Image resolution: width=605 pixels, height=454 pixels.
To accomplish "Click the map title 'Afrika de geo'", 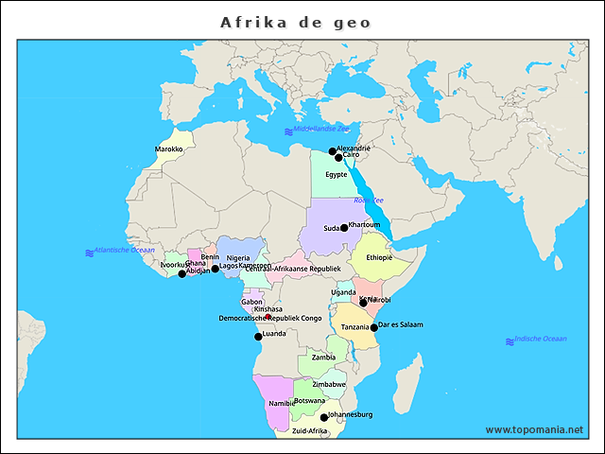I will click(x=296, y=22).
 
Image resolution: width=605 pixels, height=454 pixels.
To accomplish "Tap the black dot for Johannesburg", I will click(x=324, y=417).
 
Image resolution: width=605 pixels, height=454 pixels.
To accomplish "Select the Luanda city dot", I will click(x=258, y=336).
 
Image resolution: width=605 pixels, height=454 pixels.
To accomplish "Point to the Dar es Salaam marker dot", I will click(x=374, y=327).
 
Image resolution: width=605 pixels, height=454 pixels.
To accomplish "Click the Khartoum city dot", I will click(x=344, y=227).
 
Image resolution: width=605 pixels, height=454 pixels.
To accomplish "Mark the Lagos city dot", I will click(x=215, y=269).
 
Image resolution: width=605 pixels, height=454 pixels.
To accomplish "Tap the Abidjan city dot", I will click(x=182, y=273).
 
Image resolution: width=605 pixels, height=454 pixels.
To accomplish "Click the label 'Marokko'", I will click(x=168, y=149).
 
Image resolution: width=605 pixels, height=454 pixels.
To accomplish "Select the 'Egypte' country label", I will click(x=336, y=174).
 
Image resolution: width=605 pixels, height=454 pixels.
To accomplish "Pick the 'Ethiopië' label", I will click(x=379, y=256).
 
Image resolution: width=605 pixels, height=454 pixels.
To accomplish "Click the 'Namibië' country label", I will click(x=282, y=403).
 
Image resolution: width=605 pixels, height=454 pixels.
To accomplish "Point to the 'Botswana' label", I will click(x=309, y=400).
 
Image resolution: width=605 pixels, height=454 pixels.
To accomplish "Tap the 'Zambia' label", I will click(x=323, y=358).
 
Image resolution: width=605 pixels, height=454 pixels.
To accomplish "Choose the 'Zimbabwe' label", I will click(x=329, y=385).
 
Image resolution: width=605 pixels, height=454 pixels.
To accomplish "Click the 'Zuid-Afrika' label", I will click(x=309, y=430).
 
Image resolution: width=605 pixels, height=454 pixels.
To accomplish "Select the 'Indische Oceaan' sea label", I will click(x=541, y=339).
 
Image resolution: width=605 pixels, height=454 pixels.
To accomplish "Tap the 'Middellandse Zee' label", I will click(x=321, y=129).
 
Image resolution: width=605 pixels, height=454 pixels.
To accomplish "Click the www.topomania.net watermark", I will click(x=534, y=429).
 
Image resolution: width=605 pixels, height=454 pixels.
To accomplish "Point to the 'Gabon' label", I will click(x=251, y=302).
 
